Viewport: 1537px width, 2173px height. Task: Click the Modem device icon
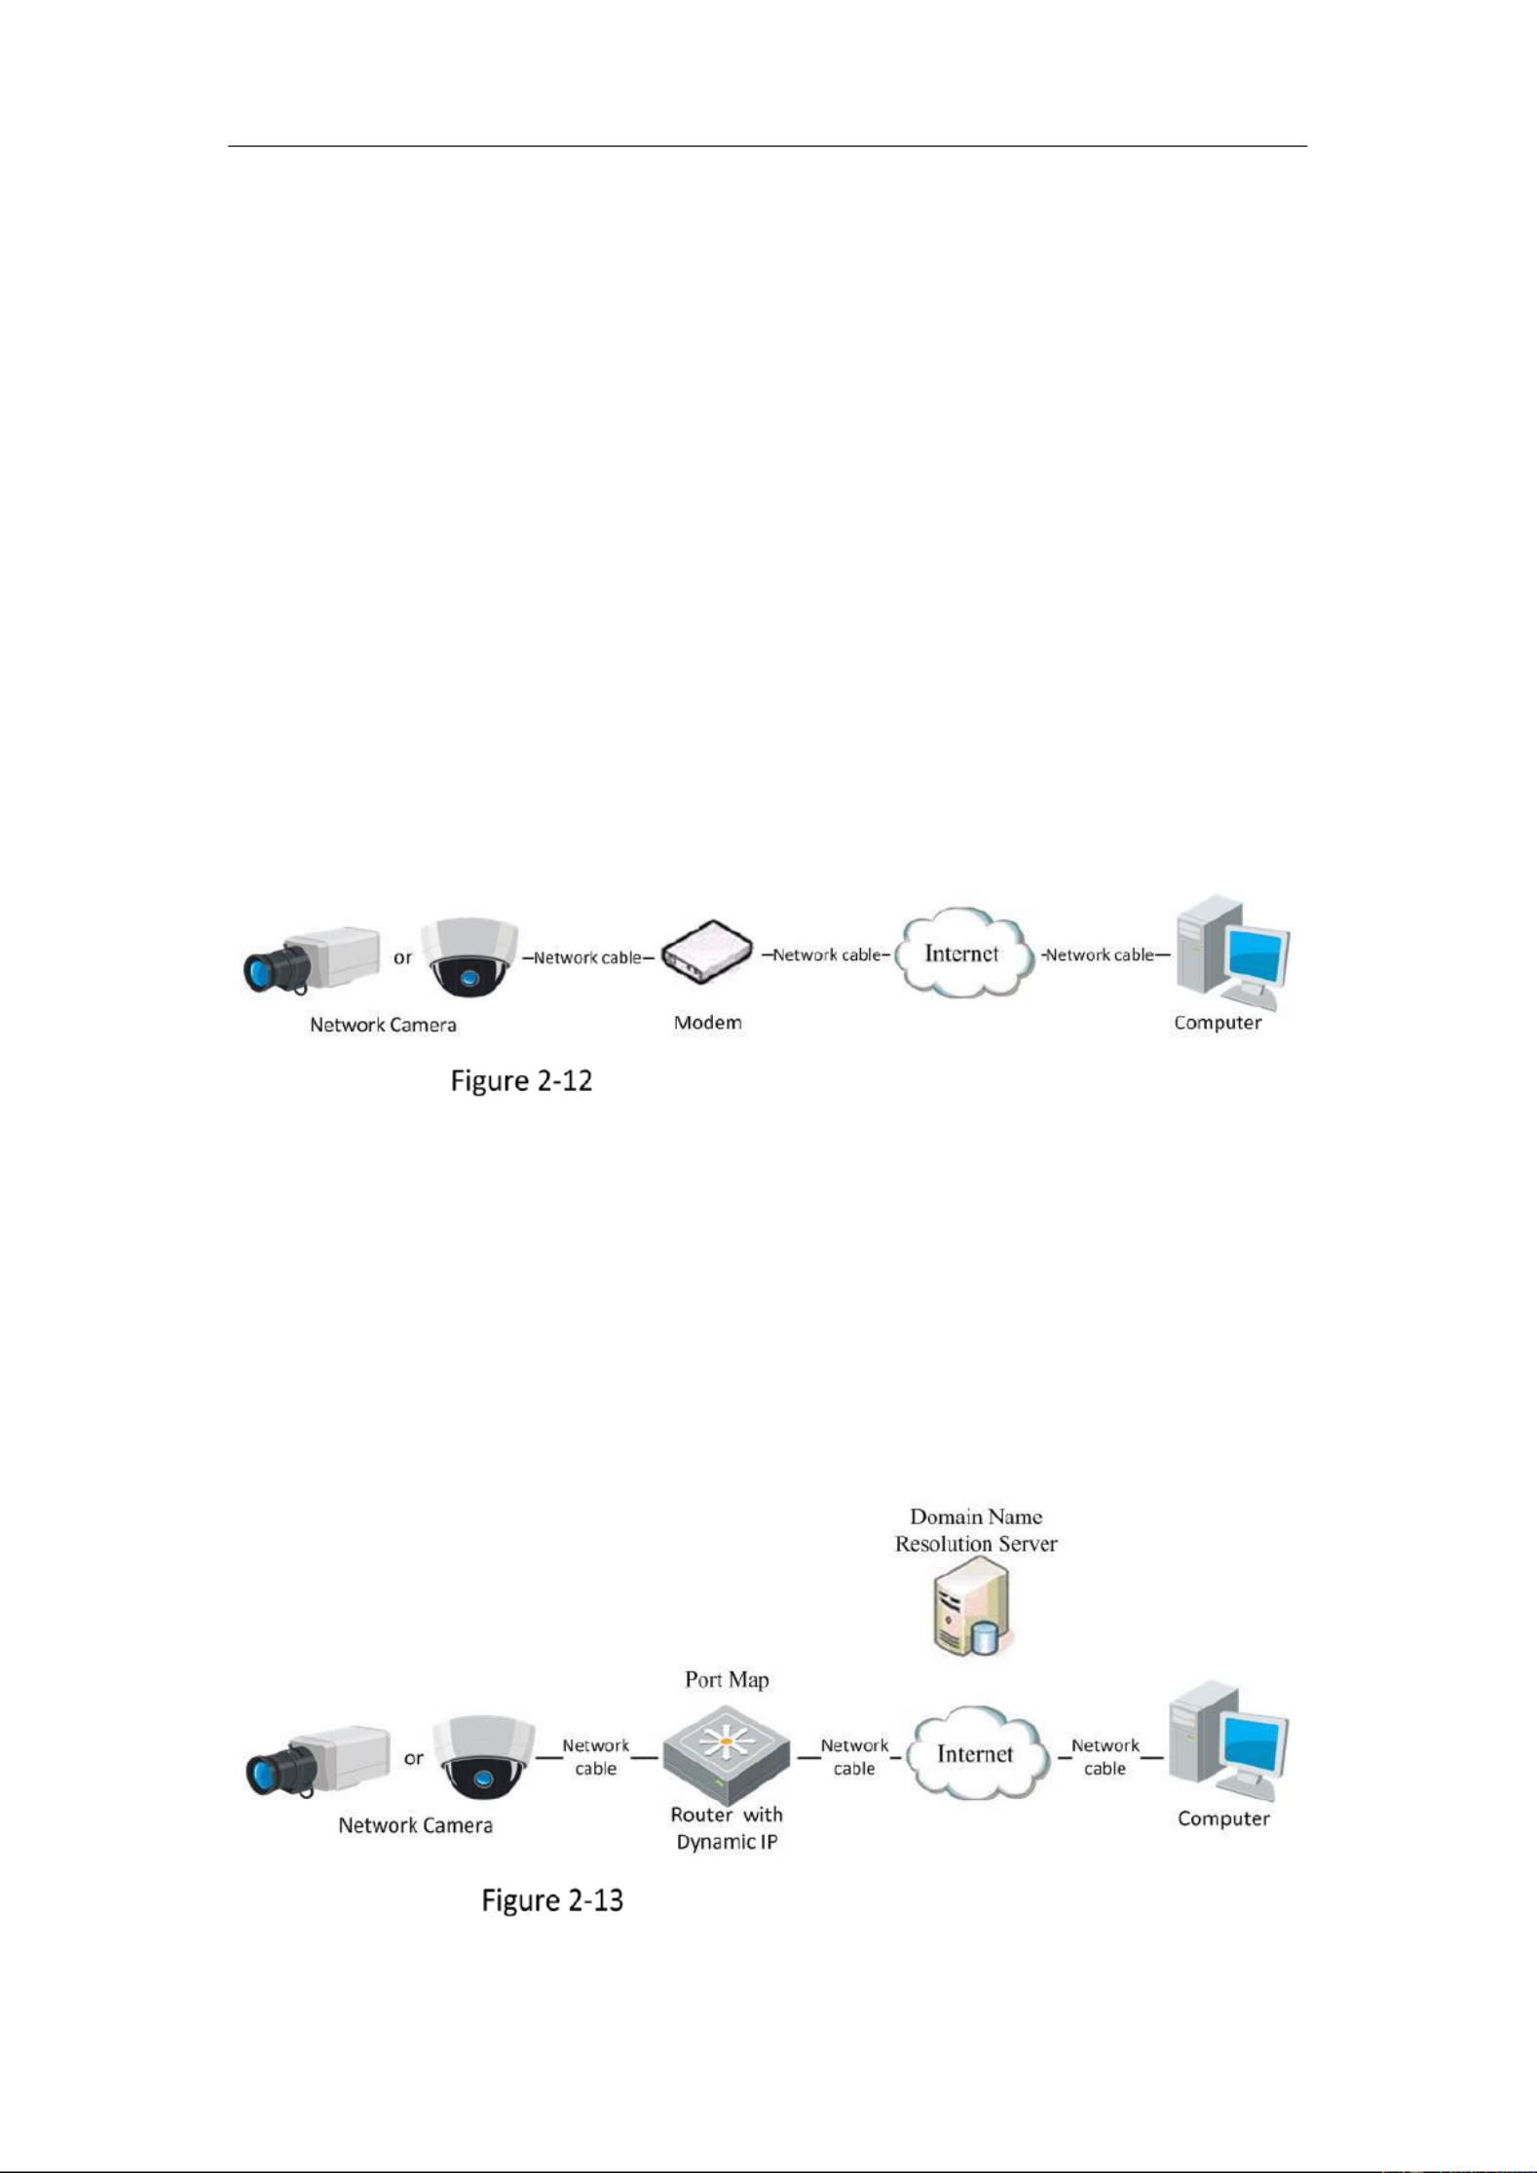pos(707,952)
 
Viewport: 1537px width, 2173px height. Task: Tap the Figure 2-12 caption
pos(521,1081)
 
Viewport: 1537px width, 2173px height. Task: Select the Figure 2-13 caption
pos(552,1900)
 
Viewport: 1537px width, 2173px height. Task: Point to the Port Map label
pos(727,1679)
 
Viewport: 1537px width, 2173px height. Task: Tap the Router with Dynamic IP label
pos(727,1827)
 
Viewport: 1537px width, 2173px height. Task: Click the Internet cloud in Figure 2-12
pos(963,953)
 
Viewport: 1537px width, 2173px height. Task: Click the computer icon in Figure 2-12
pos(1232,952)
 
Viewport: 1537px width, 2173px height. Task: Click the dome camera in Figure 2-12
pos(469,956)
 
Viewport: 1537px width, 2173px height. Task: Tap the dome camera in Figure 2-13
pos(483,1756)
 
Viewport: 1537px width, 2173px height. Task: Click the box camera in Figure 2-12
pos(312,959)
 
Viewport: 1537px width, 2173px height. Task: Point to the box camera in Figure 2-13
pos(319,1760)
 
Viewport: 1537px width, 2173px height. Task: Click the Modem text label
pos(708,1023)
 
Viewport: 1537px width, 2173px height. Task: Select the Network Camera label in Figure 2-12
pos(383,1025)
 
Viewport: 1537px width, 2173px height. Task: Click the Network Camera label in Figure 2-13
pos(415,1825)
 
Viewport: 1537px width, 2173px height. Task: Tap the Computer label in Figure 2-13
pos(1223,1818)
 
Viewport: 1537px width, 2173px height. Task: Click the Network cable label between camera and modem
pos(587,957)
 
